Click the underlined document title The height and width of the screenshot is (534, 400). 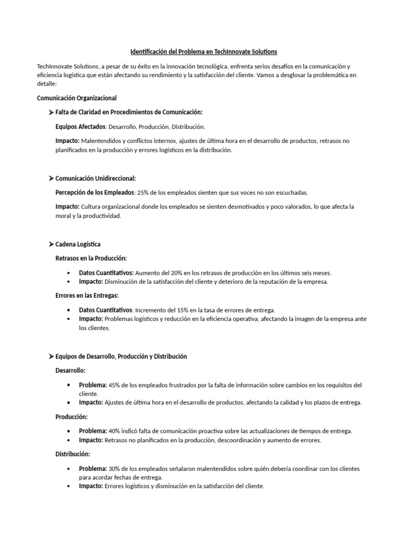tap(204, 52)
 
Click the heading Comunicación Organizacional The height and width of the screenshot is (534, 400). tap(77, 98)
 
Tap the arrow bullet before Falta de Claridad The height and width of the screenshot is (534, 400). tap(51, 112)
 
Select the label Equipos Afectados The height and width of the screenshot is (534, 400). tap(80, 126)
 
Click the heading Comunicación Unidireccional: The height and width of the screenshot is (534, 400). tap(95, 178)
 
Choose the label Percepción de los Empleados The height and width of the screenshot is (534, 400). tap(95, 192)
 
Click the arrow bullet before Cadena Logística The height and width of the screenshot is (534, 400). tap(51, 244)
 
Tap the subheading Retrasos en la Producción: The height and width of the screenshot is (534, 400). tap(91, 258)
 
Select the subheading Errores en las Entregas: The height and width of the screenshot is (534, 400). tap(90, 296)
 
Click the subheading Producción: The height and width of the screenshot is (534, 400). tap(71, 417)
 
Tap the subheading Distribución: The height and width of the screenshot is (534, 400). tap(73, 454)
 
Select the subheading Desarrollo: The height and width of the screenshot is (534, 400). tap(70, 371)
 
